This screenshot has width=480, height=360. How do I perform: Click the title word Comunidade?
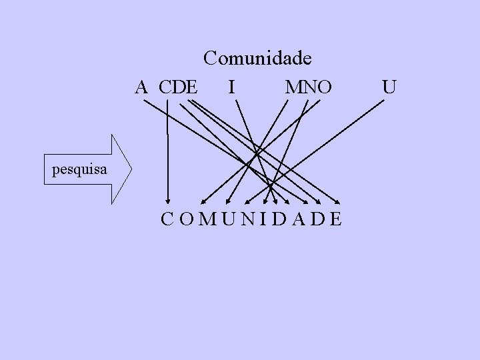click(257, 59)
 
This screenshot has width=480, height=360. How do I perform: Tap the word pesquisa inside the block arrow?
click(79, 170)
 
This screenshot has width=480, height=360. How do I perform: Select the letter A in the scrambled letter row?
click(141, 87)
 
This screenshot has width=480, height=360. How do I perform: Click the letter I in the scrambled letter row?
click(230, 87)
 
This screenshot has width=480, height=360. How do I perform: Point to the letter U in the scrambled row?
click(390, 87)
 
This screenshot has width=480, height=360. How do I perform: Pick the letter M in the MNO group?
click(293, 87)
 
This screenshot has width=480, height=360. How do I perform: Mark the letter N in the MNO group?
click(308, 87)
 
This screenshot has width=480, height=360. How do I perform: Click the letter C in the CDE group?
click(167, 87)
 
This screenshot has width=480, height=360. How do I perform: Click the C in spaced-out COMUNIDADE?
click(167, 219)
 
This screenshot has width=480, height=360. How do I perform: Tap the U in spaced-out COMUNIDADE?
click(229, 219)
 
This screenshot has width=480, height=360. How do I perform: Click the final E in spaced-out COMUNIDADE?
click(335, 219)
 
